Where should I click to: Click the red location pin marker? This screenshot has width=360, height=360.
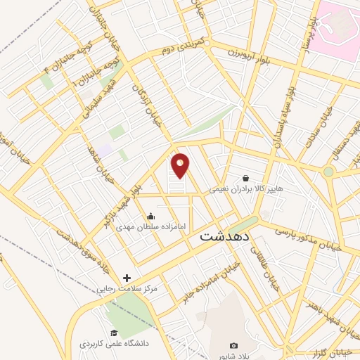(x=181, y=165)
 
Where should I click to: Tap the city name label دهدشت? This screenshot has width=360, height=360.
(x=225, y=236)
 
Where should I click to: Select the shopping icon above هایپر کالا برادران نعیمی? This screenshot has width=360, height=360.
(x=245, y=178)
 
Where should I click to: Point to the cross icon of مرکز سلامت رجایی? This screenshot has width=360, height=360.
(x=127, y=278)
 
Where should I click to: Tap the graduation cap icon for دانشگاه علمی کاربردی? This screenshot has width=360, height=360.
(x=113, y=333)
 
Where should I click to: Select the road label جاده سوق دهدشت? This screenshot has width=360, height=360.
(x=67, y=250)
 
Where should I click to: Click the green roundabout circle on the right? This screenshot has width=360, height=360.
(x=328, y=171)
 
